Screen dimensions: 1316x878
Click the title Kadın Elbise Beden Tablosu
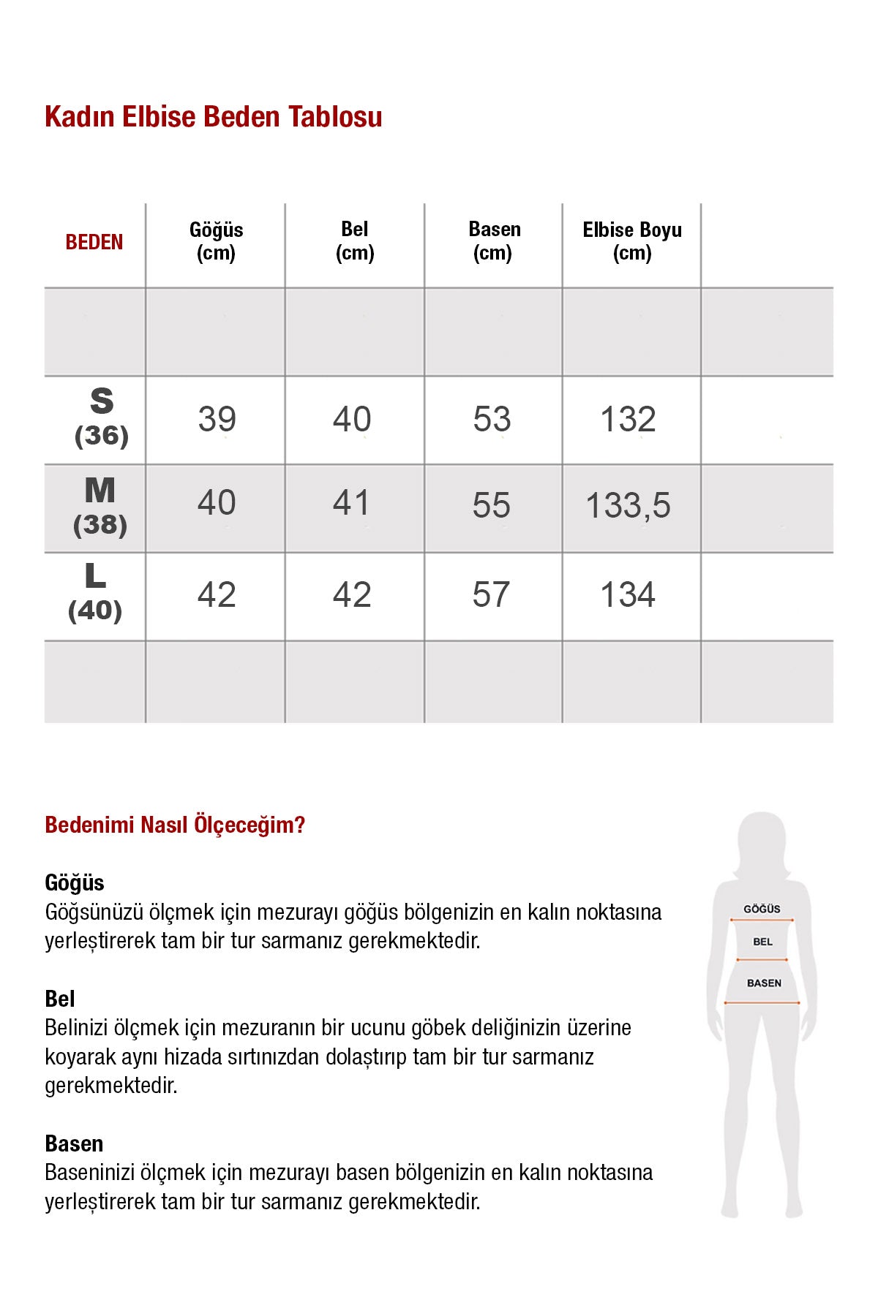213,117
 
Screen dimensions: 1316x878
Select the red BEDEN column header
94,242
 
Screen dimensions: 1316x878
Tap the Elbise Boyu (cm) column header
632,241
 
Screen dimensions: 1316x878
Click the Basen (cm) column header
494,241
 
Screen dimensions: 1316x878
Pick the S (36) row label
102,417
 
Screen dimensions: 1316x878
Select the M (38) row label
100,506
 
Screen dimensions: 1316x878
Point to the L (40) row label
95,593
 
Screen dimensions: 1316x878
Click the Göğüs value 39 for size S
217,419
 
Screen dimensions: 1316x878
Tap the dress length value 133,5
628,506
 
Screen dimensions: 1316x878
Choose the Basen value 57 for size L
491,594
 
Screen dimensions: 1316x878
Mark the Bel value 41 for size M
351,503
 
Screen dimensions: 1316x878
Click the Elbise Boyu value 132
628,419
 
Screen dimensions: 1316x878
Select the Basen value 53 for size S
492,419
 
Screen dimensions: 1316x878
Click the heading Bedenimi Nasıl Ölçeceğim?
175,825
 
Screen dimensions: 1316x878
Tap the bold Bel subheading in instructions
60,999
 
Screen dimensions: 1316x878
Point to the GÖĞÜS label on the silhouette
762,909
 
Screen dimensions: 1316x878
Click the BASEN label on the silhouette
764,983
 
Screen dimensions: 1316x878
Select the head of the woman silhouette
762,841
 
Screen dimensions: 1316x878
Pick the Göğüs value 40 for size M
217,503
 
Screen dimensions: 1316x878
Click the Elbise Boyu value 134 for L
628,594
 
